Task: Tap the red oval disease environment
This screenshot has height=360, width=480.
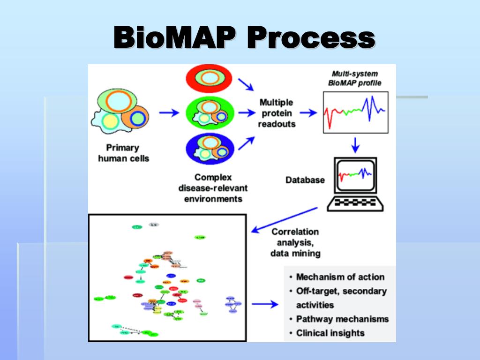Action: coord(210,78)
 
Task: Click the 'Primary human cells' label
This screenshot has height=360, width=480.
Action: coord(123,153)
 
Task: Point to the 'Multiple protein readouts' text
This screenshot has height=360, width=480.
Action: coord(277,113)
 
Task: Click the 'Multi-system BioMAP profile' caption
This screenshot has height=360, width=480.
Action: coord(355,78)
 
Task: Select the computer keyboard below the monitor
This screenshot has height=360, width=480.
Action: coord(355,202)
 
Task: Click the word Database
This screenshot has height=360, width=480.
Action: coord(305,180)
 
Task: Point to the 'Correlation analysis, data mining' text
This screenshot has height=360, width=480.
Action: coord(295,242)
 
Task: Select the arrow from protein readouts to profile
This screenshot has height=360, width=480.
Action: coord(308,113)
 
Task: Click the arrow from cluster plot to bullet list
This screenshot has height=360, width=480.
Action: coord(265,304)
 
